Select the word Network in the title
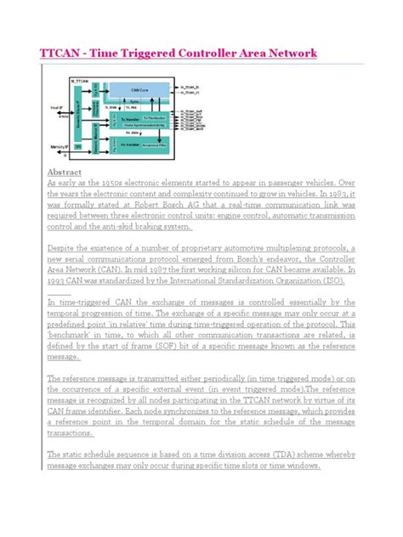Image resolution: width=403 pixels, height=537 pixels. tap(291, 54)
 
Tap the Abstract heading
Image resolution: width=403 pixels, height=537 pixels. tap(68, 172)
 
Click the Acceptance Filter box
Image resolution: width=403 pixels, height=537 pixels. tap(159, 145)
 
